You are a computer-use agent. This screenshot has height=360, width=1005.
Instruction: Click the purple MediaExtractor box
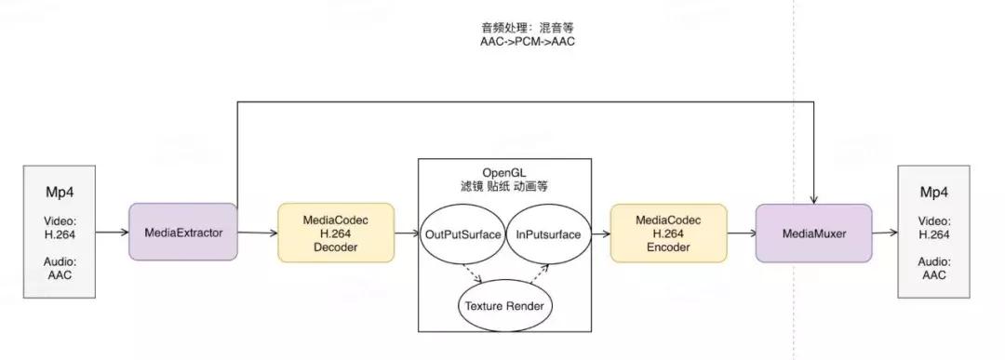(183, 233)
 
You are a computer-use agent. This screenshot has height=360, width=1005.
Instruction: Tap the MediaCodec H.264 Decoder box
(336, 233)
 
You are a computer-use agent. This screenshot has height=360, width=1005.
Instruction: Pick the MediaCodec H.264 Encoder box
(668, 233)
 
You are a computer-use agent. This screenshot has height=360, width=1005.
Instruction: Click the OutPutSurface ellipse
(463, 233)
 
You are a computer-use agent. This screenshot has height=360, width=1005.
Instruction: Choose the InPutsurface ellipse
(548, 233)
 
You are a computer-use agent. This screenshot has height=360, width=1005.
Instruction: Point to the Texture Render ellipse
(505, 305)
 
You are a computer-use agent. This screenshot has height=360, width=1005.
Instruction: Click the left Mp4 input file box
(60, 232)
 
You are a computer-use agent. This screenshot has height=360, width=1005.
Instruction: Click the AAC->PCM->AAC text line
(520, 42)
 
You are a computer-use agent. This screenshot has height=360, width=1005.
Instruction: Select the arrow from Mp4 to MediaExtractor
(113, 233)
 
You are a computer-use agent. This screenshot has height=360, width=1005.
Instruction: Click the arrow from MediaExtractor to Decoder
(258, 233)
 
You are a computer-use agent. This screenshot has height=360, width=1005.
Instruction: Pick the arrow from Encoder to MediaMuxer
(741, 233)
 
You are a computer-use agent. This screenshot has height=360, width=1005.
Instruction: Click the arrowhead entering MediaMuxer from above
(813, 198)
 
